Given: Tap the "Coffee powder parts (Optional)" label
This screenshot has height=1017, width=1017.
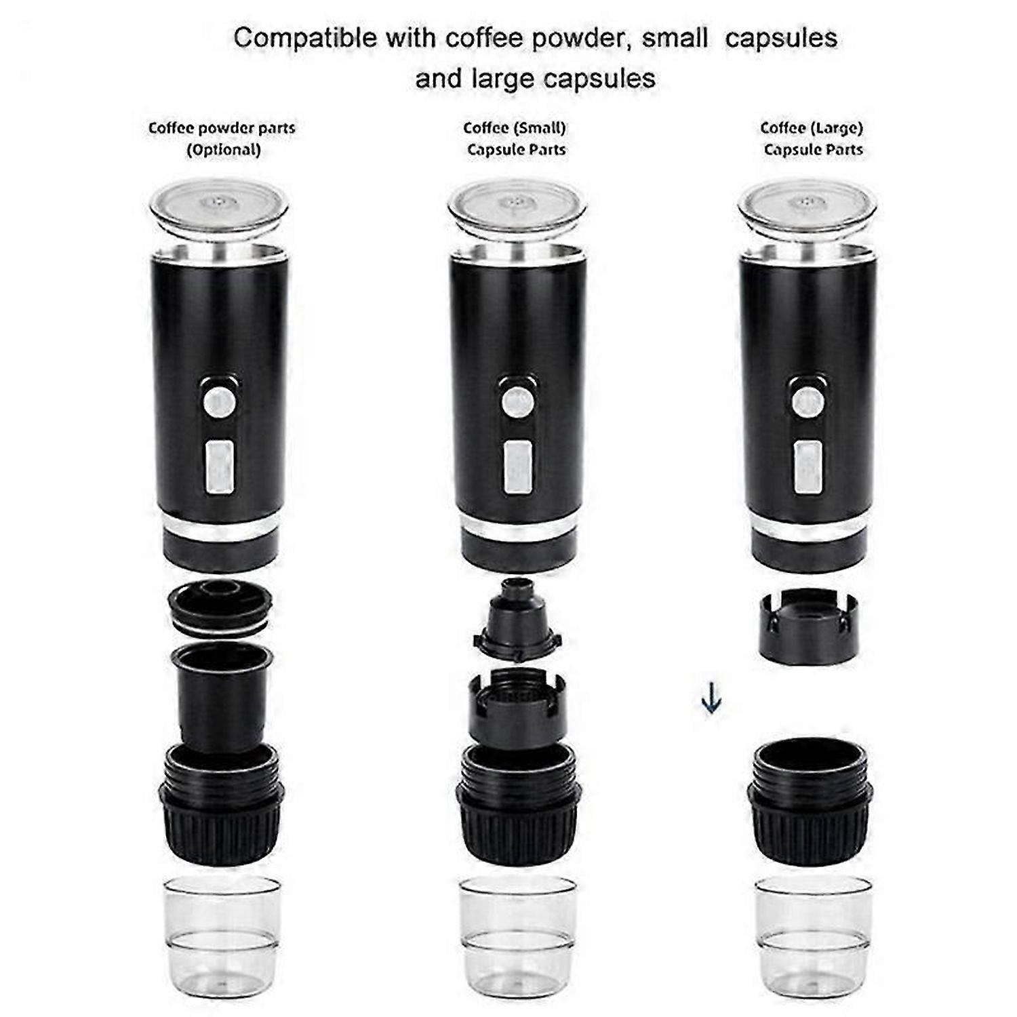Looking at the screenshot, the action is [222, 138].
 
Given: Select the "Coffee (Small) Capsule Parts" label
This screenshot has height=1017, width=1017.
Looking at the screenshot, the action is [515, 138].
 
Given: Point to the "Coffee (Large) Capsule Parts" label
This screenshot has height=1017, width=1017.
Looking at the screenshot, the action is [812, 138].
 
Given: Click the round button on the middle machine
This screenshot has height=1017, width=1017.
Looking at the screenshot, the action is [518, 402].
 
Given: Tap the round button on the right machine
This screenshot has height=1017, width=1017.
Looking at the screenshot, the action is [807, 402].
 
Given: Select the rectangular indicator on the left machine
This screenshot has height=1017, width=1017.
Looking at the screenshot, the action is [220, 467].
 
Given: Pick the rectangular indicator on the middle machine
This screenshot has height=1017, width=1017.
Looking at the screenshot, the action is [518, 467].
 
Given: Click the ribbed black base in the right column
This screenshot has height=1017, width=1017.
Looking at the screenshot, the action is [808, 807].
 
